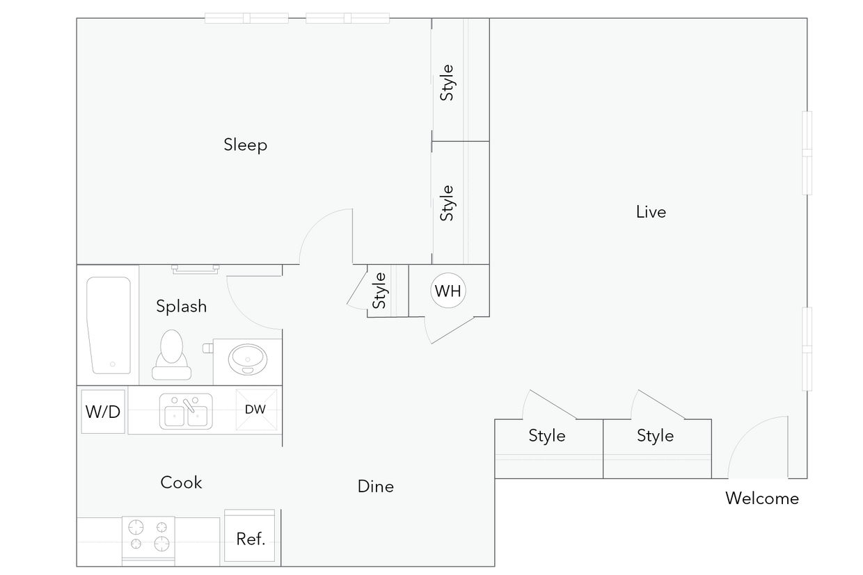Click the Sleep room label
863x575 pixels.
[245, 145]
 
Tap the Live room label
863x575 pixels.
[651, 212]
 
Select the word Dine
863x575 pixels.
[375, 487]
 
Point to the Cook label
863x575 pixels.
[181, 483]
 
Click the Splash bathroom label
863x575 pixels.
[181, 306]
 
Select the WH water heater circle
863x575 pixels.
[448, 291]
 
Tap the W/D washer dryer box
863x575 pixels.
[103, 412]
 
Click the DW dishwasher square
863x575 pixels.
[255, 410]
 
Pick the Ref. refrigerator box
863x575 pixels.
[250, 537]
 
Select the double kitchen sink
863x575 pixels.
[186, 412]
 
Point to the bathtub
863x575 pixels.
[109, 325]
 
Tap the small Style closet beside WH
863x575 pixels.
[380, 291]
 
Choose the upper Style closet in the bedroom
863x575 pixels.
[448, 82]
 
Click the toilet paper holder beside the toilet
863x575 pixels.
[207, 347]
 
